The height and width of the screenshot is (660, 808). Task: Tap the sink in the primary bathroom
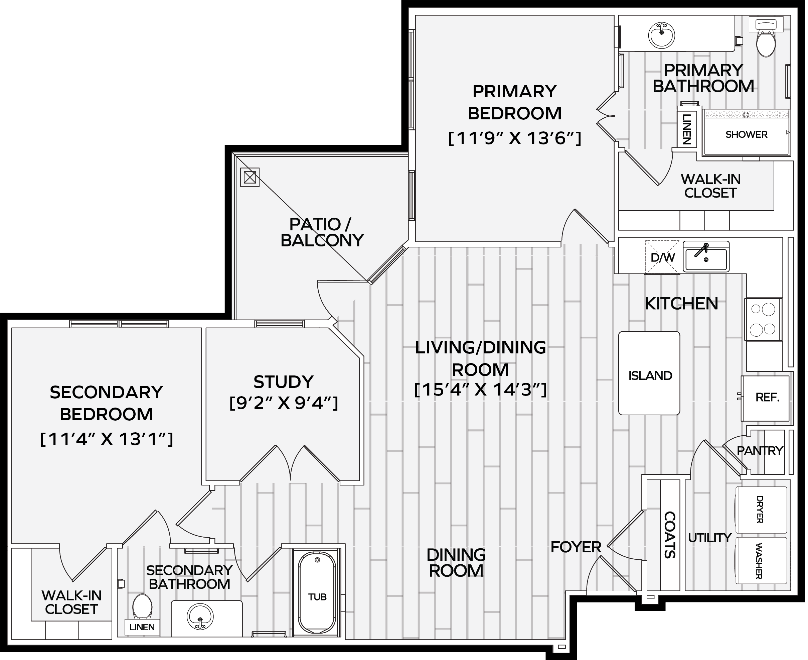tap(661, 35)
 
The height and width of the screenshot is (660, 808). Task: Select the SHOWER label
tap(746, 134)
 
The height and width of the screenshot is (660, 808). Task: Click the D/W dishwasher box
tap(662, 257)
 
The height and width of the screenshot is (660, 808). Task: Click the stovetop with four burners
tap(763, 319)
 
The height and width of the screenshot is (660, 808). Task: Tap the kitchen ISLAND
tap(649, 373)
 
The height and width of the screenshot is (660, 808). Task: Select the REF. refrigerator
tap(766, 398)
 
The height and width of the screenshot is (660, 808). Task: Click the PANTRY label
tap(760, 450)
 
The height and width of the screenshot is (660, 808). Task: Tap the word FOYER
tap(576, 547)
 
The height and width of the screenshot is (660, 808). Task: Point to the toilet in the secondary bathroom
tap(142, 607)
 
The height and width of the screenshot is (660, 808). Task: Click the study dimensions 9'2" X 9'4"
tap(284, 403)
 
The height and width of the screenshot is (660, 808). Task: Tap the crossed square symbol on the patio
tap(250, 177)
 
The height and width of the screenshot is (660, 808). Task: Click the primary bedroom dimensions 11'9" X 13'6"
tap(515, 138)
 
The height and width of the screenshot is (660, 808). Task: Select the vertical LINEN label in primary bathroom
tap(686, 129)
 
